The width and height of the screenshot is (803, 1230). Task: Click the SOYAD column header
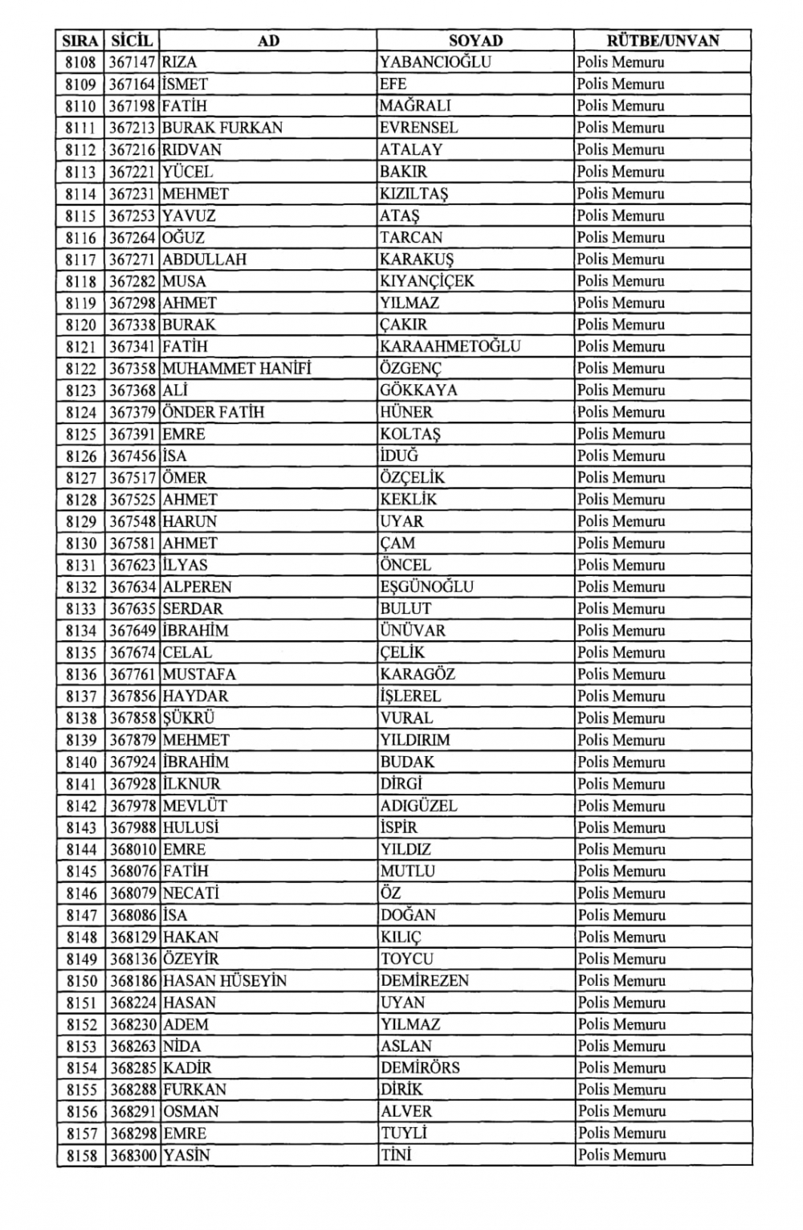475,40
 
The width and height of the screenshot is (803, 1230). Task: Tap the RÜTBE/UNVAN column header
662,40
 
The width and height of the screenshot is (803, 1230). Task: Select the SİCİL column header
132,40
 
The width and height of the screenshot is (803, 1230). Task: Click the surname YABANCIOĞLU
435,62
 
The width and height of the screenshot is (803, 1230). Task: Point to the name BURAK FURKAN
222,128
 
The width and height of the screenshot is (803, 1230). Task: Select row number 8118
80,281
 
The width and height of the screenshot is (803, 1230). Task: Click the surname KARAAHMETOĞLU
450,346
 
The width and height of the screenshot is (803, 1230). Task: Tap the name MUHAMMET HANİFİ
236,369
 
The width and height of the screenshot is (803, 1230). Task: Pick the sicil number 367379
132,412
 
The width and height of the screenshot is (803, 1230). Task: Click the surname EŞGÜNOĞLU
426,586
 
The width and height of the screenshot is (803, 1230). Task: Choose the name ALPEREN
197,586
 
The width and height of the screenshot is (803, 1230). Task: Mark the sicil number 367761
132,674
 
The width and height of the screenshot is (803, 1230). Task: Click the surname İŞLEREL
410,696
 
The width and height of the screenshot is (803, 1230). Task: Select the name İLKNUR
191,783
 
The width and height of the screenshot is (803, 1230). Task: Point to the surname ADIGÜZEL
418,805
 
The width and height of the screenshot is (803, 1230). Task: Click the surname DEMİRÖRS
420,1068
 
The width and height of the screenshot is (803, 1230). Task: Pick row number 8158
80,1155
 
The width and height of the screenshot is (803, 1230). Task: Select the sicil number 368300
132,1155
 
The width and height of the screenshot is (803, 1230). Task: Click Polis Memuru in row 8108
620,62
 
